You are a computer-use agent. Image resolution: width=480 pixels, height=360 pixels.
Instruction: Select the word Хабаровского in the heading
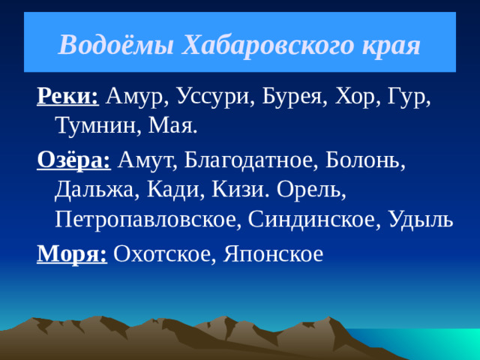262,46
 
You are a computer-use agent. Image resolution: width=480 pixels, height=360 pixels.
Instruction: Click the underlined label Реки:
68,96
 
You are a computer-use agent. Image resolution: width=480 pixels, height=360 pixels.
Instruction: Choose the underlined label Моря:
72,255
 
